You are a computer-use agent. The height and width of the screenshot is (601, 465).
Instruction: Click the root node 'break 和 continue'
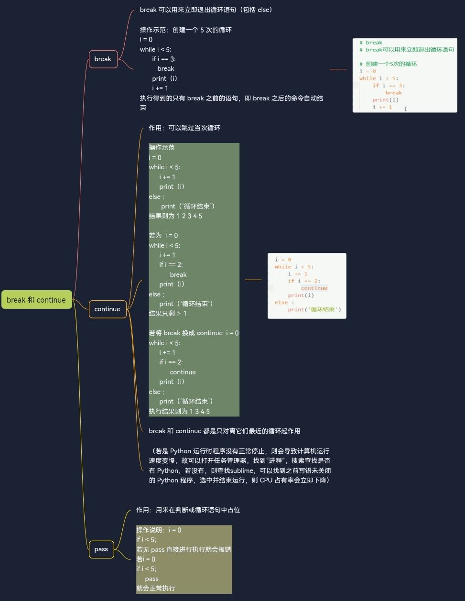36,300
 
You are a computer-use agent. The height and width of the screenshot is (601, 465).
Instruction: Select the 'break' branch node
103,59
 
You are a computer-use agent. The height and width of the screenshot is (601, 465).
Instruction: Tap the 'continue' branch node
107,309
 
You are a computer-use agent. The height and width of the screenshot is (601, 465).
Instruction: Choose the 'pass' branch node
101,549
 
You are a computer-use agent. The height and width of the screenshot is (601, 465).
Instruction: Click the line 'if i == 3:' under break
163,59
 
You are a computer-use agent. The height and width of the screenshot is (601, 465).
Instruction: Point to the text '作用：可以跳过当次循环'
184,128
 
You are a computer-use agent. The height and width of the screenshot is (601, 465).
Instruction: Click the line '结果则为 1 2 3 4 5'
175,216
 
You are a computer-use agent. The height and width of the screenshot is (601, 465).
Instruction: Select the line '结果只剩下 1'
168,313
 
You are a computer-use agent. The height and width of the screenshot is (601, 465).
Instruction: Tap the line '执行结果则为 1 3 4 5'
179,411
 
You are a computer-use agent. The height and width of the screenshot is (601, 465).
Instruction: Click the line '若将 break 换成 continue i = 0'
194,333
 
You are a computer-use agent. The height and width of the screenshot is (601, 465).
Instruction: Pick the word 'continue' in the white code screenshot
314,288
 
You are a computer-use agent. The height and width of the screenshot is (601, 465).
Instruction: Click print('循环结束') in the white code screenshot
314,309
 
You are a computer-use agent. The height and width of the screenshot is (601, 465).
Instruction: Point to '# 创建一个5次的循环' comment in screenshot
388,64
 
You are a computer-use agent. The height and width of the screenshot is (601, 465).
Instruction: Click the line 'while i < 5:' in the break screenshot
378,78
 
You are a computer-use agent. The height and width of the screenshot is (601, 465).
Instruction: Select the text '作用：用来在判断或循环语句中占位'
188,510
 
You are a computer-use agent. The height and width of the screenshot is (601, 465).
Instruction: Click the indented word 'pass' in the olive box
151,579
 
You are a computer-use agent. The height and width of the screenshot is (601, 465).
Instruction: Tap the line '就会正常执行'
156,588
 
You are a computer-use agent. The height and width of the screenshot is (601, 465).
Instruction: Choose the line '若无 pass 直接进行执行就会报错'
184,549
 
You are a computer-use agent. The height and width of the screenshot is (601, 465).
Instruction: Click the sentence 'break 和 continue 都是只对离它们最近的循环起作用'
225,431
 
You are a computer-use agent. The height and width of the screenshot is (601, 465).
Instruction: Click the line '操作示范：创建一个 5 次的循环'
185,30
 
